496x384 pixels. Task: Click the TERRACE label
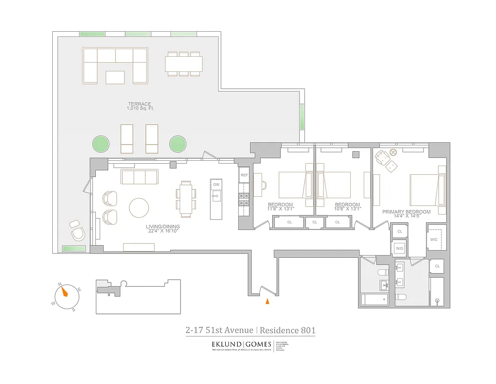coord(139,104)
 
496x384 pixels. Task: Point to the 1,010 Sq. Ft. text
coord(139,108)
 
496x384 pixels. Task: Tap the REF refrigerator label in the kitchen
coord(244,176)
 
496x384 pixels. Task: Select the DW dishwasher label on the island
coord(217,184)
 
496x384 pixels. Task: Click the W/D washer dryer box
coord(399,248)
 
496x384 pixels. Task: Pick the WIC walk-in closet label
coord(434,239)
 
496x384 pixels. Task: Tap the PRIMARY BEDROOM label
coord(406,212)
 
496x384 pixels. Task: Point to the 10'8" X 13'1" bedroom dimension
coord(347,209)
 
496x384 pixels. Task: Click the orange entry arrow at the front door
coord(267,301)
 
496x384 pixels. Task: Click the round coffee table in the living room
coord(139,208)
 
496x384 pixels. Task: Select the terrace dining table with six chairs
coord(184,64)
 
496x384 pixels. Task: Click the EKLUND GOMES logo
coord(241,345)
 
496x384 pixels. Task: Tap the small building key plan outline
coord(138,296)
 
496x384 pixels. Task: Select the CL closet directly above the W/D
coord(399,231)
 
